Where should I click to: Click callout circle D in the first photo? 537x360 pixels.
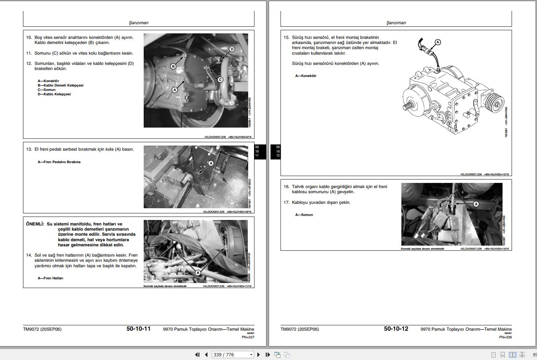232,49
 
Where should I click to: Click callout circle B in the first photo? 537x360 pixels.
173,66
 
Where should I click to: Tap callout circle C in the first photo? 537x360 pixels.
220,80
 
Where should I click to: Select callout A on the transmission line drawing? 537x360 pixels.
437,42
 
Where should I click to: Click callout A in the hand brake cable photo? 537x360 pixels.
476,204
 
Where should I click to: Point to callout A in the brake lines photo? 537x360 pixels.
198,273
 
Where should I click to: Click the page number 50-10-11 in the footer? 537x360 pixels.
139,329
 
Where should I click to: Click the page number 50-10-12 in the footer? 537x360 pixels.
396,329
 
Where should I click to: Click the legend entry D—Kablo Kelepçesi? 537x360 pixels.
54,94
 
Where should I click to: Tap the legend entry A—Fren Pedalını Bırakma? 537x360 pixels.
59,162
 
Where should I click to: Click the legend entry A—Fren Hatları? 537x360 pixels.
50,278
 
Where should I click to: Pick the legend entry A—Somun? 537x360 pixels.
304,215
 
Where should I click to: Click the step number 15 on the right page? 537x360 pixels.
286,37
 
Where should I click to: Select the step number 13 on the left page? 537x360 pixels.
29,149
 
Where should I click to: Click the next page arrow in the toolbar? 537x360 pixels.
258,355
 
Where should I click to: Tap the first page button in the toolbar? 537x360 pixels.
197,355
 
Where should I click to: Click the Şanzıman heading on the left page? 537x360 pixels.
139,23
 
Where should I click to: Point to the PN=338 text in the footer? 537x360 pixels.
505,337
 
